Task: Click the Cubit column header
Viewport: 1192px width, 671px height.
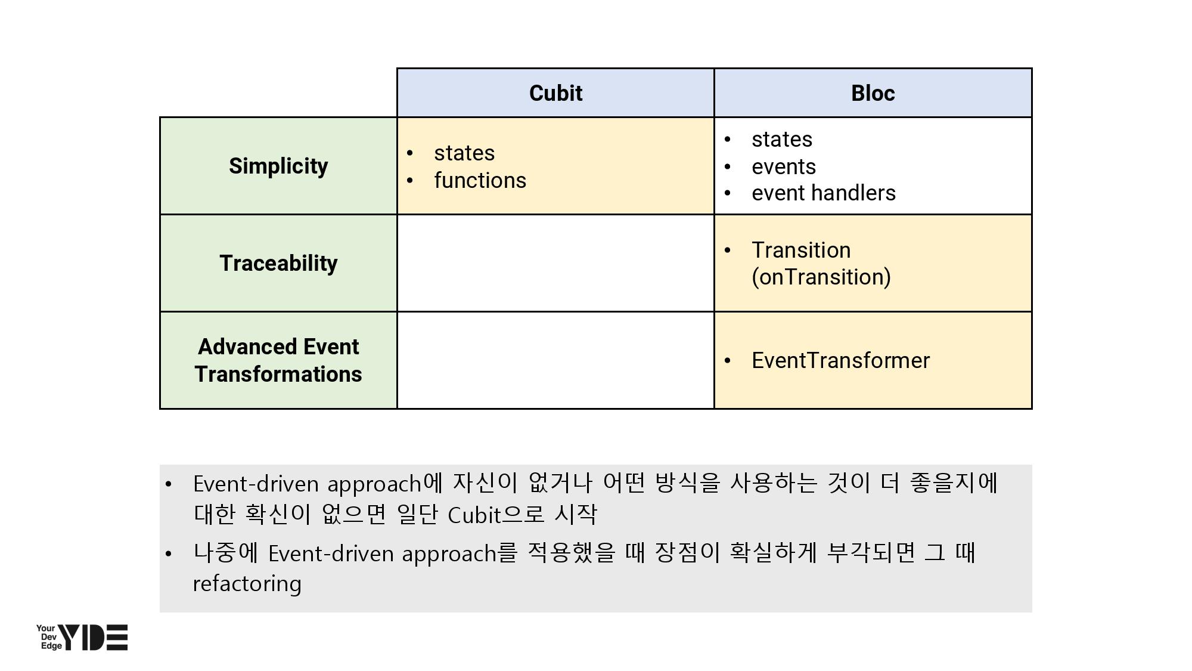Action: (x=555, y=93)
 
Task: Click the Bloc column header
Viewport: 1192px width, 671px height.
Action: (x=873, y=93)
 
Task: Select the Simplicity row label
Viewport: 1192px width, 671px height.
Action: (x=278, y=166)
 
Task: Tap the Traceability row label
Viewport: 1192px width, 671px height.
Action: (x=278, y=263)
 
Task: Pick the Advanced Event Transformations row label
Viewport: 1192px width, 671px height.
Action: (x=278, y=360)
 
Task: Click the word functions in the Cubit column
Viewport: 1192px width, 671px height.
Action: (x=480, y=180)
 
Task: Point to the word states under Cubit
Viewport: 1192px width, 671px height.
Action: (x=464, y=153)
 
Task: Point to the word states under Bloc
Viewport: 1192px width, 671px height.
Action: (x=782, y=140)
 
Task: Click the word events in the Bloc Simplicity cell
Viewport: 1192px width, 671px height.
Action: (x=784, y=166)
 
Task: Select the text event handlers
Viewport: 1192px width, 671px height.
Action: (x=824, y=193)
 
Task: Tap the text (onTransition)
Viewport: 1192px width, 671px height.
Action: (x=821, y=277)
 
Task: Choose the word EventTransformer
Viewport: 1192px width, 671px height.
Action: (x=840, y=360)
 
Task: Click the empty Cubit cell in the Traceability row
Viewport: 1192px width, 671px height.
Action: (x=555, y=263)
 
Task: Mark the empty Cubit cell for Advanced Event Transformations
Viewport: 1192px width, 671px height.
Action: (x=555, y=360)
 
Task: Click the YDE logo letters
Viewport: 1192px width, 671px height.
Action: (x=93, y=638)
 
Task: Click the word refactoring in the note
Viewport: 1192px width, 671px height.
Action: (x=247, y=583)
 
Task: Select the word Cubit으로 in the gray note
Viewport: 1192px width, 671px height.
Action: (x=496, y=514)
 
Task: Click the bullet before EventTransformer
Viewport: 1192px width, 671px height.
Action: (x=727, y=361)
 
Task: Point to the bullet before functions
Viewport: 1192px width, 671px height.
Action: (x=409, y=181)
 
